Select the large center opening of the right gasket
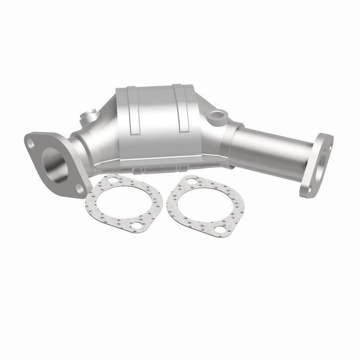click(x=204, y=206)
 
